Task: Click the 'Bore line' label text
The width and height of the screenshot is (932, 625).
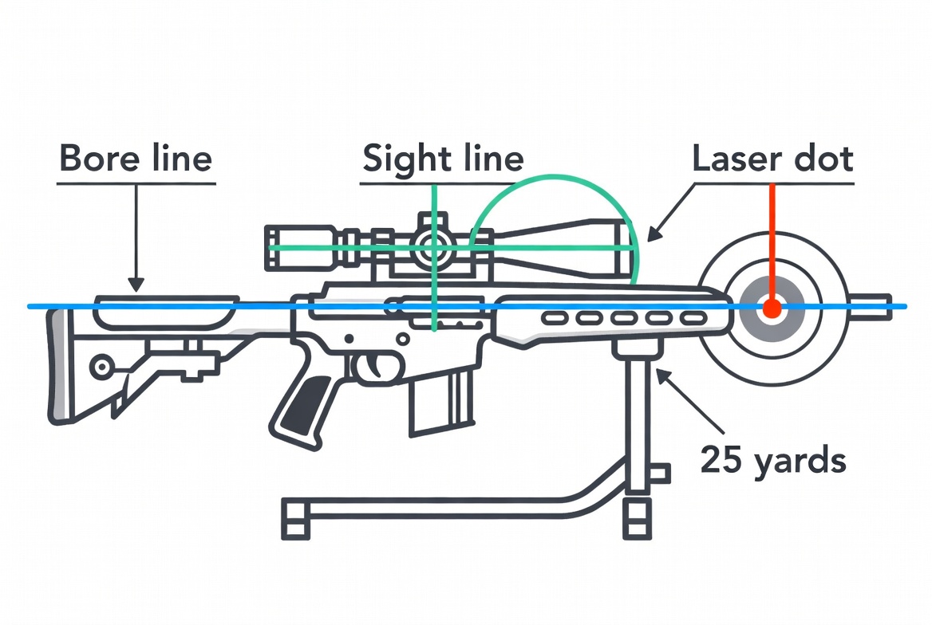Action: (x=136, y=159)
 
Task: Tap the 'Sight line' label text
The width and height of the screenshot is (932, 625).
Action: (x=443, y=159)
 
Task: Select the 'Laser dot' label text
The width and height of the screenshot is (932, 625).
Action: (x=772, y=159)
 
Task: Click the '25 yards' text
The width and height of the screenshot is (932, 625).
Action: (x=772, y=460)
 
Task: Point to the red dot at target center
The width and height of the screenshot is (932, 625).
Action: (x=772, y=309)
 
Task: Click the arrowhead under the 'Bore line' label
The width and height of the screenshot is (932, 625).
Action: (x=136, y=283)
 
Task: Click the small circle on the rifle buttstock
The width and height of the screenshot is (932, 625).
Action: (x=101, y=368)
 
